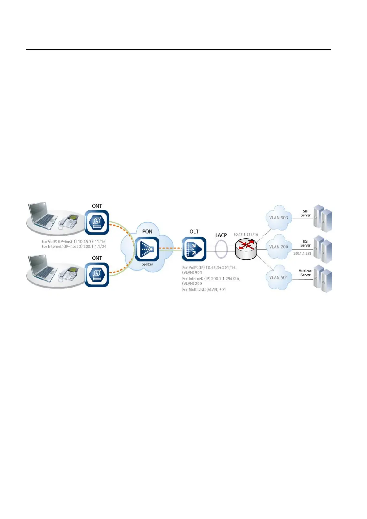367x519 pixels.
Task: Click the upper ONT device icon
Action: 97,222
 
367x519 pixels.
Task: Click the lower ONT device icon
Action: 97,274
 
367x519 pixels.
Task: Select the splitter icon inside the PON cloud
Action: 147,249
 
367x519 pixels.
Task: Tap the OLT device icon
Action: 194,249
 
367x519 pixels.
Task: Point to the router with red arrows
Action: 246,249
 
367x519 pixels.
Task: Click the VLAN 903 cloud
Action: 279,218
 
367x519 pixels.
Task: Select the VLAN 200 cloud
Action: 279,247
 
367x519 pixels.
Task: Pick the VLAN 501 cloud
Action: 279,277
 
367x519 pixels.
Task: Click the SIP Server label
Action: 305,213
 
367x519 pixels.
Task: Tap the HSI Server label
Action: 305,243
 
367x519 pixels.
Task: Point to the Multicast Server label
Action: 305,273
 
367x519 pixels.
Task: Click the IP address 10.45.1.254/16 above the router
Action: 246,235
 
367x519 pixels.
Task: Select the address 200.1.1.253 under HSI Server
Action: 302,253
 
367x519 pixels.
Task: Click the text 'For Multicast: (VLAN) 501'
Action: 204,290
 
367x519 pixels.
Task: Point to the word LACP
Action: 221,235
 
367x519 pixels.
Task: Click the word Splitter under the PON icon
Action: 147,264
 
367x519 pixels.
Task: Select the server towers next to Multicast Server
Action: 323,279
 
